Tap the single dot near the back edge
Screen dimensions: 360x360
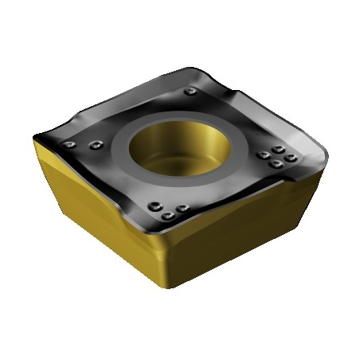pyautogui.click(x=189, y=92)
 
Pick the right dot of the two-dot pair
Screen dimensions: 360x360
pyautogui.click(x=96, y=145)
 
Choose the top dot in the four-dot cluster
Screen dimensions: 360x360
pyautogui.click(x=276, y=148)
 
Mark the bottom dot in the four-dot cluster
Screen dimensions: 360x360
pyautogui.click(x=275, y=165)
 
